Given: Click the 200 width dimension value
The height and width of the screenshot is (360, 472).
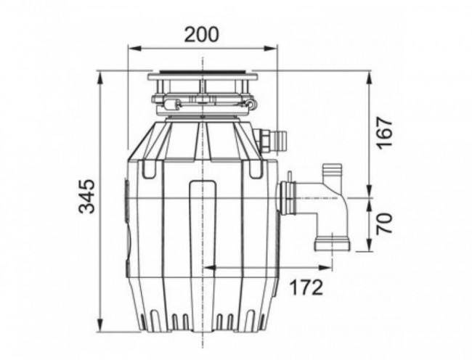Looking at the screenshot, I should click(x=202, y=34).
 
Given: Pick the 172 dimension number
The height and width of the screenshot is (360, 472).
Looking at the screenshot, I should click(x=305, y=287).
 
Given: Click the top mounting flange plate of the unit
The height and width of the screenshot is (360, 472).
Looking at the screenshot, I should click(x=203, y=75).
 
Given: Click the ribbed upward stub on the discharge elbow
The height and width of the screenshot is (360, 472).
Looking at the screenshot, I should click(x=333, y=174).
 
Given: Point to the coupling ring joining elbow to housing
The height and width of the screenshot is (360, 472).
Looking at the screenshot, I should click(x=286, y=198).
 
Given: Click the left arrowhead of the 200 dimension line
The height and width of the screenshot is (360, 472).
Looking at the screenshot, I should click(x=131, y=49).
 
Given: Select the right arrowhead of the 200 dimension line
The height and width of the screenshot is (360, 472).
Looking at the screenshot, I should click(x=274, y=49).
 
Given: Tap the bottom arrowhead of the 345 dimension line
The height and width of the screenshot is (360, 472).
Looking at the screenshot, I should click(x=99, y=328).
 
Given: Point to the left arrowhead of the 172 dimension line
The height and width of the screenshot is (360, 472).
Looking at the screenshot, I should click(x=206, y=267).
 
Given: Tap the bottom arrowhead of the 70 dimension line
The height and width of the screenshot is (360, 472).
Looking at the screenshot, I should click(x=369, y=248).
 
